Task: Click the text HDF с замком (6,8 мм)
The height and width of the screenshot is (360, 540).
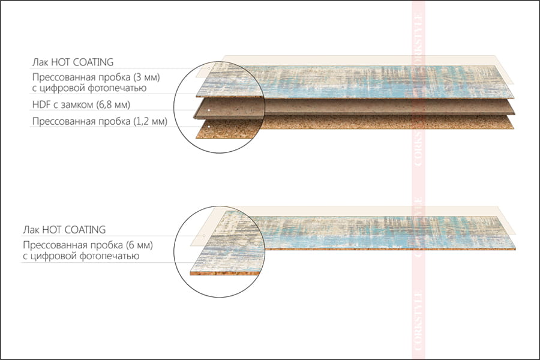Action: pyautogui.click(x=81, y=105)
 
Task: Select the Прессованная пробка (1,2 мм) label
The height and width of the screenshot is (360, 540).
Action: pyautogui.click(x=99, y=122)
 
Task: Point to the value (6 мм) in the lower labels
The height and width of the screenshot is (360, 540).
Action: pyautogui.click(x=140, y=245)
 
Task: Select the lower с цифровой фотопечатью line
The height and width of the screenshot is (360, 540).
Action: pyautogui.click(x=81, y=256)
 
